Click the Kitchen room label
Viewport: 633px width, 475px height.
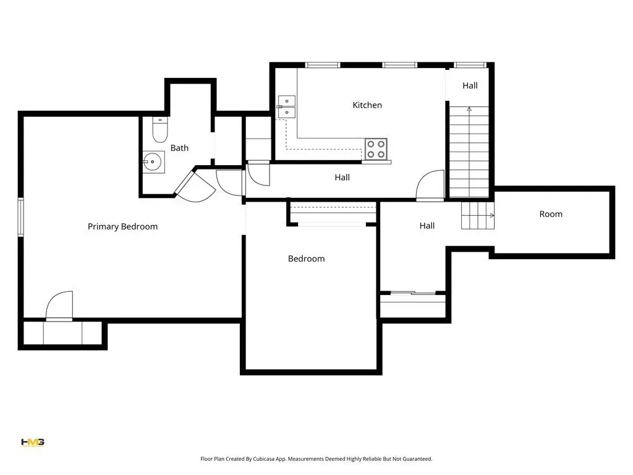pyautogui.click(x=367, y=105)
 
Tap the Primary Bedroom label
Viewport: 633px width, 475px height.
pyautogui.click(x=123, y=226)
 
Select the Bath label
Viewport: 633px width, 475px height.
pyautogui.click(x=179, y=148)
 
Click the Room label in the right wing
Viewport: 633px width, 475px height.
pyautogui.click(x=551, y=214)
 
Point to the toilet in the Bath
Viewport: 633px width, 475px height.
pyautogui.click(x=160, y=130)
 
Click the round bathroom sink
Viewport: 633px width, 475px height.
pyautogui.click(x=153, y=162)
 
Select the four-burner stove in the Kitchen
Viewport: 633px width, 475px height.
pyautogui.click(x=376, y=149)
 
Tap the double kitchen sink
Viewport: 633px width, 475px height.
pyautogui.click(x=287, y=106)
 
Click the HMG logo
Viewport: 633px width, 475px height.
pyautogui.click(x=33, y=442)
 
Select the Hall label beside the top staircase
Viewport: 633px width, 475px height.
pyautogui.click(x=470, y=85)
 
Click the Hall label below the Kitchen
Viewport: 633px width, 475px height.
pyautogui.click(x=342, y=178)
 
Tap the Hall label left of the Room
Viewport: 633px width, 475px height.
pyautogui.click(x=427, y=226)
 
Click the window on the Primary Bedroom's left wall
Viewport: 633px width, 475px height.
pyautogui.click(x=20, y=217)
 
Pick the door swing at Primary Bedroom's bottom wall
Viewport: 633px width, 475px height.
pyautogui.click(x=59, y=306)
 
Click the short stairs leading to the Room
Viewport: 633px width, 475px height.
pyautogui.click(x=478, y=216)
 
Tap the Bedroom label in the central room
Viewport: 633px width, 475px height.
pyautogui.click(x=307, y=259)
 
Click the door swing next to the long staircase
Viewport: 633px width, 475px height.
pyautogui.click(x=430, y=185)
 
